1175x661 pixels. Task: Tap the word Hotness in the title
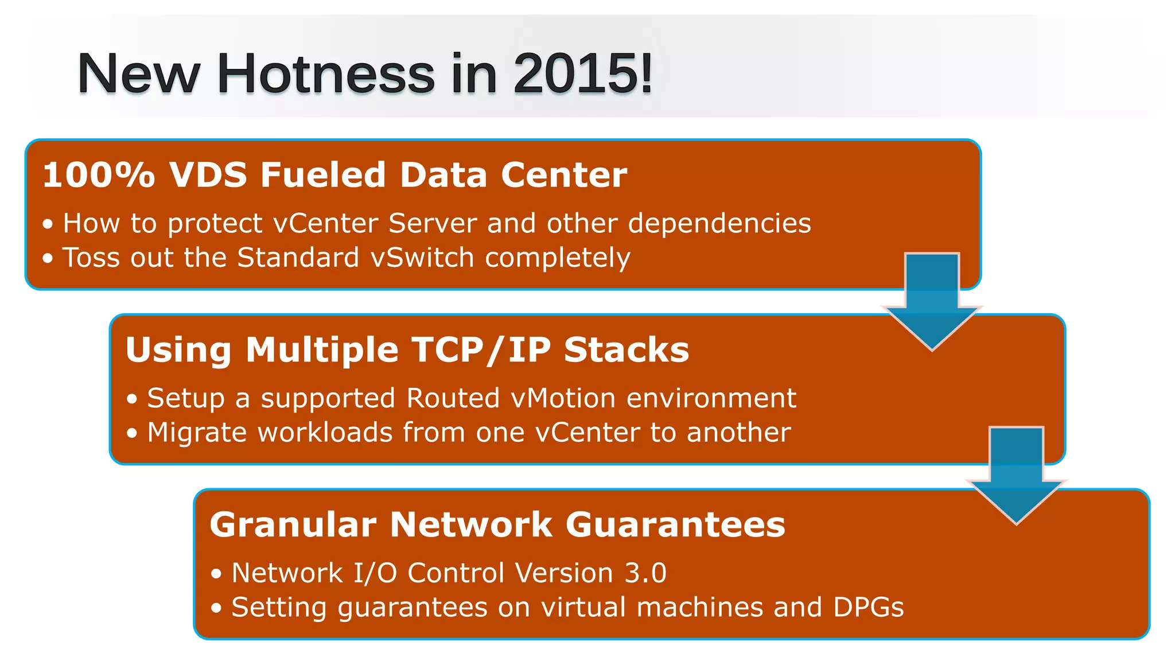click(x=325, y=73)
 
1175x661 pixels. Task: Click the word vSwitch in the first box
click(x=422, y=258)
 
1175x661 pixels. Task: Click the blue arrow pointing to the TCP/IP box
click(x=932, y=301)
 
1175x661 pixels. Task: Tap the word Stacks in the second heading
click(x=626, y=350)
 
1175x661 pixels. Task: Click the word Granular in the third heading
click(x=293, y=524)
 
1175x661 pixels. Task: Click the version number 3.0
click(x=645, y=573)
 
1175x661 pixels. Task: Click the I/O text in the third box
click(x=375, y=573)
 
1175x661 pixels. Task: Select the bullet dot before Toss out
click(x=48, y=258)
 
